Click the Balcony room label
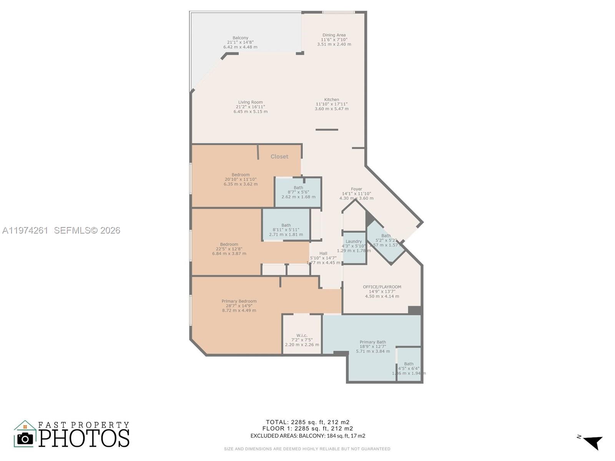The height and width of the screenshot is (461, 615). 240,38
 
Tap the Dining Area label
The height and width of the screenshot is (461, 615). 334,35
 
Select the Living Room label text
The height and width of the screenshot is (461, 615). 250,102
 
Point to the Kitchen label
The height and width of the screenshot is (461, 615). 331,99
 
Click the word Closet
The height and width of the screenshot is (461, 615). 279,157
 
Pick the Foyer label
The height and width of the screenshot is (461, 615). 356,189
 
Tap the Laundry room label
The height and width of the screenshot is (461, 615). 354,242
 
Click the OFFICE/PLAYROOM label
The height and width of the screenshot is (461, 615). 382,287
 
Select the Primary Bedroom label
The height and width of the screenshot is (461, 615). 239,301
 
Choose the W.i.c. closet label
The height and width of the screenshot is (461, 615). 302,335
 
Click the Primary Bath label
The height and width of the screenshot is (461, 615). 372,342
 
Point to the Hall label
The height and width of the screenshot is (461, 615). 323,253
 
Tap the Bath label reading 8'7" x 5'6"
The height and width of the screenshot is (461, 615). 298,192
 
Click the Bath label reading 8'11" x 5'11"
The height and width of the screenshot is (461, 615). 286,230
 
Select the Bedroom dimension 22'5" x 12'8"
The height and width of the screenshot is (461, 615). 229,249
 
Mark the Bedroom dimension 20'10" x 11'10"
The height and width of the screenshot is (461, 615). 241,179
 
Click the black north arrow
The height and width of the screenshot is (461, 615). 593,442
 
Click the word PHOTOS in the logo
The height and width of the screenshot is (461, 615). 84,438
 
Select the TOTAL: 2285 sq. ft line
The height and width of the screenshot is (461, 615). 307,422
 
